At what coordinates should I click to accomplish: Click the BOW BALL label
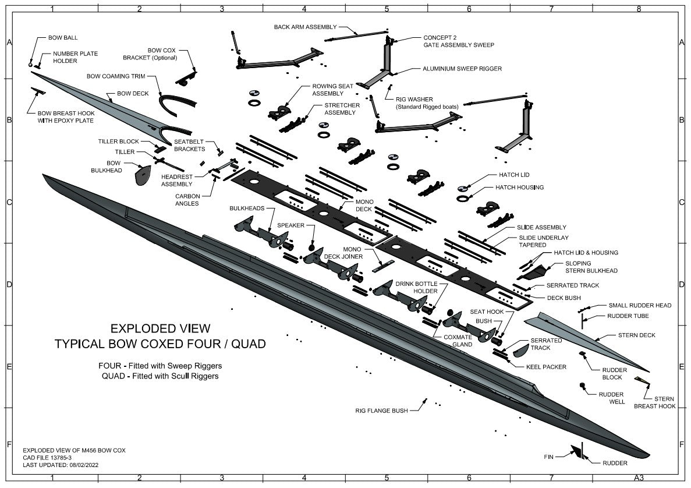tap(63, 38)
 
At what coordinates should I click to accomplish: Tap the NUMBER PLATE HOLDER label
tap(75, 58)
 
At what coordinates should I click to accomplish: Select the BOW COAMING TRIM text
tap(116, 76)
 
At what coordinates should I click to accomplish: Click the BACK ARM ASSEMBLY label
tap(305, 27)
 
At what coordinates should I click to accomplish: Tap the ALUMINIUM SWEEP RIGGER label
tap(462, 69)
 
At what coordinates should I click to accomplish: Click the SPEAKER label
tap(292, 225)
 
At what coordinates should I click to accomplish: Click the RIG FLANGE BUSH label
tap(381, 411)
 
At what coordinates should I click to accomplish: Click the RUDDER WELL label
tap(611, 398)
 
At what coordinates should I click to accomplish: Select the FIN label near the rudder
tap(549, 457)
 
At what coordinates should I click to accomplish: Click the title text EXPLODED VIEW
tap(161, 328)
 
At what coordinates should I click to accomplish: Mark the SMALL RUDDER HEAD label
tap(640, 305)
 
